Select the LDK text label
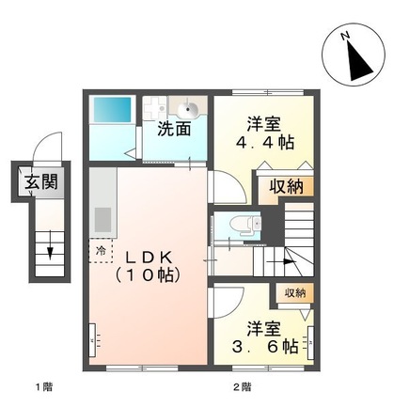click(x=148, y=257)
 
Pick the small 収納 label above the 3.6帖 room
click(x=294, y=293)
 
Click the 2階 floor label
click(x=243, y=386)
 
